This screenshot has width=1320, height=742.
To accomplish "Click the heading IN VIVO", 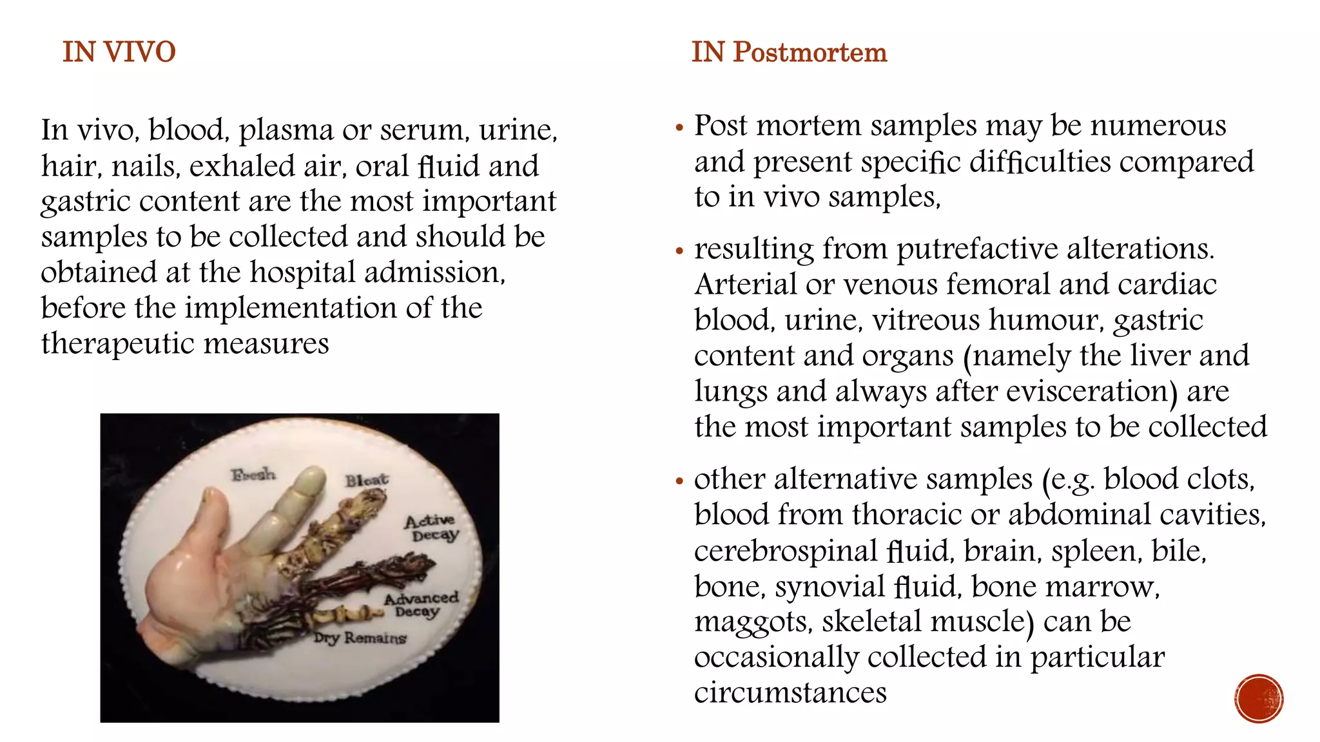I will (119, 52).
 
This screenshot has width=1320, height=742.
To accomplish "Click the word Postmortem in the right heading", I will (810, 52).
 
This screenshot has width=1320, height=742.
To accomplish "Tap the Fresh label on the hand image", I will (253, 475).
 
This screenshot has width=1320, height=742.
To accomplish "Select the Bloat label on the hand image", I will (367, 480).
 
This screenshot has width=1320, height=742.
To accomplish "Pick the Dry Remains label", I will (360, 638).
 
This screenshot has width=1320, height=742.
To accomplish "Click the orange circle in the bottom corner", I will (1259, 698).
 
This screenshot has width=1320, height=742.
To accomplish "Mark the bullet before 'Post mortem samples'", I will (679, 128).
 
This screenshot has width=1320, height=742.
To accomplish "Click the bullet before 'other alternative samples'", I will (679, 481).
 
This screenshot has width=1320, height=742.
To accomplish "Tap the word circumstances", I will (790, 693).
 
